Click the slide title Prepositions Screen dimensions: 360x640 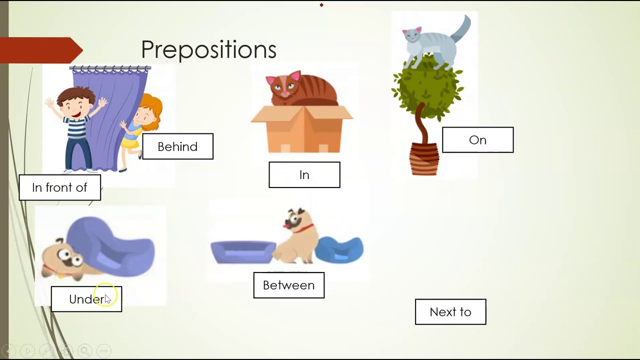(208, 49)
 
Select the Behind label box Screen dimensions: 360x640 (177, 146)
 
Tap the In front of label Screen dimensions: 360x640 (59, 187)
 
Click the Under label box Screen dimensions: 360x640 (86, 299)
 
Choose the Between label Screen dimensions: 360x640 (288, 285)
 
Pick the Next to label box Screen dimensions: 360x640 (450, 312)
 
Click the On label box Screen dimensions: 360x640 (477, 140)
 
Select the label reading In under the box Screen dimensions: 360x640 (304, 175)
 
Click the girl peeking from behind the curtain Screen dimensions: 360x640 (142, 125)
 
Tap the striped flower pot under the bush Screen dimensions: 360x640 (424, 159)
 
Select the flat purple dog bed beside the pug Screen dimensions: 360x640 (243, 251)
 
